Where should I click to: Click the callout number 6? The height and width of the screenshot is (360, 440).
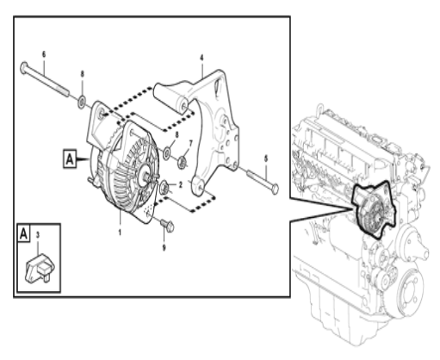[44, 54]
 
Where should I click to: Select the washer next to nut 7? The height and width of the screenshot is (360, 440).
[167, 154]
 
